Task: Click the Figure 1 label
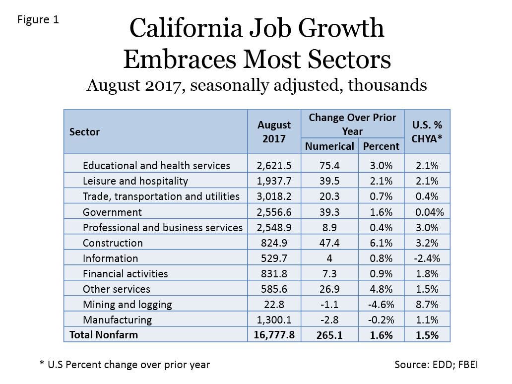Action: (x=38, y=20)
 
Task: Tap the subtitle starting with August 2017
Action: (x=256, y=85)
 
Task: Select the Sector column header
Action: (x=84, y=132)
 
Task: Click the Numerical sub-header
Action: (x=329, y=146)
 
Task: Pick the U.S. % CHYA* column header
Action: (x=427, y=131)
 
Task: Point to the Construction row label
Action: (x=113, y=243)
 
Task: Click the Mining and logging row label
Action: (x=127, y=305)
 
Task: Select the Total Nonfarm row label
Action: (x=104, y=335)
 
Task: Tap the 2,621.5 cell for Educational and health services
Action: (x=274, y=166)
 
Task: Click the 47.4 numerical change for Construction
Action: (x=329, y=243)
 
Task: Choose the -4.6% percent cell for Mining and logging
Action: (x=381, y=305)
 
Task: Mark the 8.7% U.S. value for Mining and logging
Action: (x=427, y=305)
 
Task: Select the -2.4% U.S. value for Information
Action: (x=427, y=258)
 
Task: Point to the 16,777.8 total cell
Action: (x=274, y=335)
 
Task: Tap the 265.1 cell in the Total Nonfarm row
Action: (x=329, y=335)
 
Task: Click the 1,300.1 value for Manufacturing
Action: (x=274, y=320)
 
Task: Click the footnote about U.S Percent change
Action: (x=125, y=365)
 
